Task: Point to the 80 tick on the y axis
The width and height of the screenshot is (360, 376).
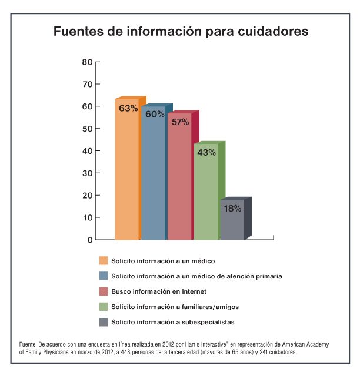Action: [87, 62]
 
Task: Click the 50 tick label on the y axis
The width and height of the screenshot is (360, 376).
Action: [87, 129]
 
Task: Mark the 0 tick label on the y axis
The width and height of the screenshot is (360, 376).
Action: [90, 240]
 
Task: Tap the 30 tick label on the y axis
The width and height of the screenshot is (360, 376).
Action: [87, 173]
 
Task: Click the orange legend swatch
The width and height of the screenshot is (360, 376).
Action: [104, 260]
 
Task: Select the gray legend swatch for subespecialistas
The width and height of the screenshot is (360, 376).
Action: [104, 322]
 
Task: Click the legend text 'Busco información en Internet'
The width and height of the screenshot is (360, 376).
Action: [159, 291]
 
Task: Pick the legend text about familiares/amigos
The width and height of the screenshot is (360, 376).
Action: [175, 307]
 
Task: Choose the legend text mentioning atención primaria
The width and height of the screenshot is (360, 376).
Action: [196, 276]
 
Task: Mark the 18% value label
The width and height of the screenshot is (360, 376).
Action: [232, 209]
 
